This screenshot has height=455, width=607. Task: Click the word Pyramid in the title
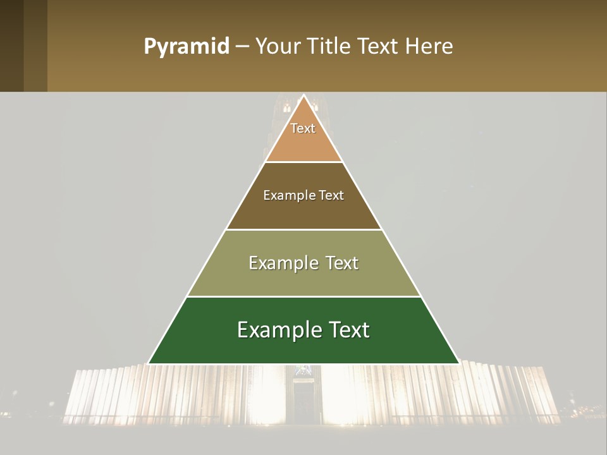coord(187,46)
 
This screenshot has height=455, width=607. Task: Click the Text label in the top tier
coord(303,128)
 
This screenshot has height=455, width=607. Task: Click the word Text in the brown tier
coord(331,195)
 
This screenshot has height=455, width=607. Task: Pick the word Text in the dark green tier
coord(347,330)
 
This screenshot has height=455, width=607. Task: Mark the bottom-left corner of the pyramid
coord(149,363)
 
